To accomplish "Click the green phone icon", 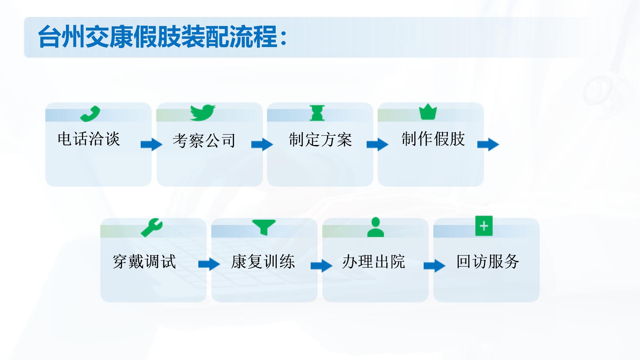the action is [90, 114].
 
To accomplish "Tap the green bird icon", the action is [203, 113].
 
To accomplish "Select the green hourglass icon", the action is [317, 113].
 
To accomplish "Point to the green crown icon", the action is [428, 112].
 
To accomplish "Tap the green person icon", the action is [376, 227].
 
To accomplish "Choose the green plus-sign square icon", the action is [484, 226].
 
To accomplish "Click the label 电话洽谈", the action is [89, 139].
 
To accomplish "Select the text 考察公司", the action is [204, 140].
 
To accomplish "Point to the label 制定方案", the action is [320, 139].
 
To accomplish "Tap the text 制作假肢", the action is [433, 139].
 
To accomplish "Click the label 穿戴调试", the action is [144, 261].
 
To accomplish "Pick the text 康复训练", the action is [263, 261].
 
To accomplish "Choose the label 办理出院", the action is [374, 261].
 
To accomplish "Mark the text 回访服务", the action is [488, 261].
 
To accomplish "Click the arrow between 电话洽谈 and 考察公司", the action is [152, 145].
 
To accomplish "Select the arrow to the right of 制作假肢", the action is [488, 145].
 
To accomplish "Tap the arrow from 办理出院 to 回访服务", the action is [435, 266].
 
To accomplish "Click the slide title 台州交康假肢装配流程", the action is [162, 37].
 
